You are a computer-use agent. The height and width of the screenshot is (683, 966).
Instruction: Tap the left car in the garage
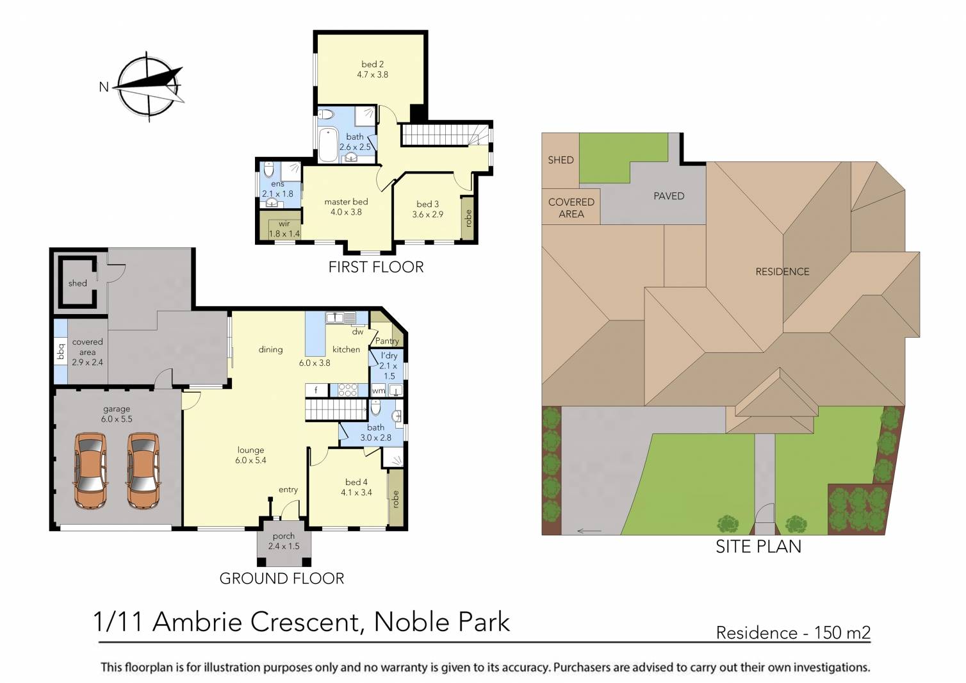click(90, 470)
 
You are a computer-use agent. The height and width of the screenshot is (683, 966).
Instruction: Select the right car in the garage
click(142, 470)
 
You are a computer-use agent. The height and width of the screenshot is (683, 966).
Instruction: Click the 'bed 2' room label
click(372, 64)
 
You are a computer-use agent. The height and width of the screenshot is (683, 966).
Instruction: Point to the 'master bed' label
click(346, 202)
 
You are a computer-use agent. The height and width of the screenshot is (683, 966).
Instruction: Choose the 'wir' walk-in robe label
click(284, 224)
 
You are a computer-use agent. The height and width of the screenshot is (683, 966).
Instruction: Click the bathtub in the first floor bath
click(327, 145)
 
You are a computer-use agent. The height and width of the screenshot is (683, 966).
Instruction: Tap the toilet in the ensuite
click(269, 170)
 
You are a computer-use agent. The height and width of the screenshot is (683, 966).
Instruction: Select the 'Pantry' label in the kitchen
click(387, 341)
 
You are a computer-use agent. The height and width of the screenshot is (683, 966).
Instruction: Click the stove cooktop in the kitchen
click(348, 390)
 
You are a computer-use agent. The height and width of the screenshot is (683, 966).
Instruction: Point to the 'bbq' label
click(61, 352)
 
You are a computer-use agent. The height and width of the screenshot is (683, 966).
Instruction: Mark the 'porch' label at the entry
click(283, 536)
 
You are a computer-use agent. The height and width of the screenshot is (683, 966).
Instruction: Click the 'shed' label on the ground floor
click(78, 283)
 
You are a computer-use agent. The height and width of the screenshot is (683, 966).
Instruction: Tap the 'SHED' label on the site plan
click(561, 160)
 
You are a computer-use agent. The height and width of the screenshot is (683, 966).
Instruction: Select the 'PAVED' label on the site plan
click(668, 196)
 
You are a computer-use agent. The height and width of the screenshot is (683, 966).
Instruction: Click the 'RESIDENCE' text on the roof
click(782, 272)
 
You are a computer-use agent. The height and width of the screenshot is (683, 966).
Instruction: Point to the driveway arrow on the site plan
click(589, 531)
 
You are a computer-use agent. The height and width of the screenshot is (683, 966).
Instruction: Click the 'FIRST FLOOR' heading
click(376, 267)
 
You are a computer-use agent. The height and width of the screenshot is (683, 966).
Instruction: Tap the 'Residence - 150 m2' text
click(793, 633)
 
